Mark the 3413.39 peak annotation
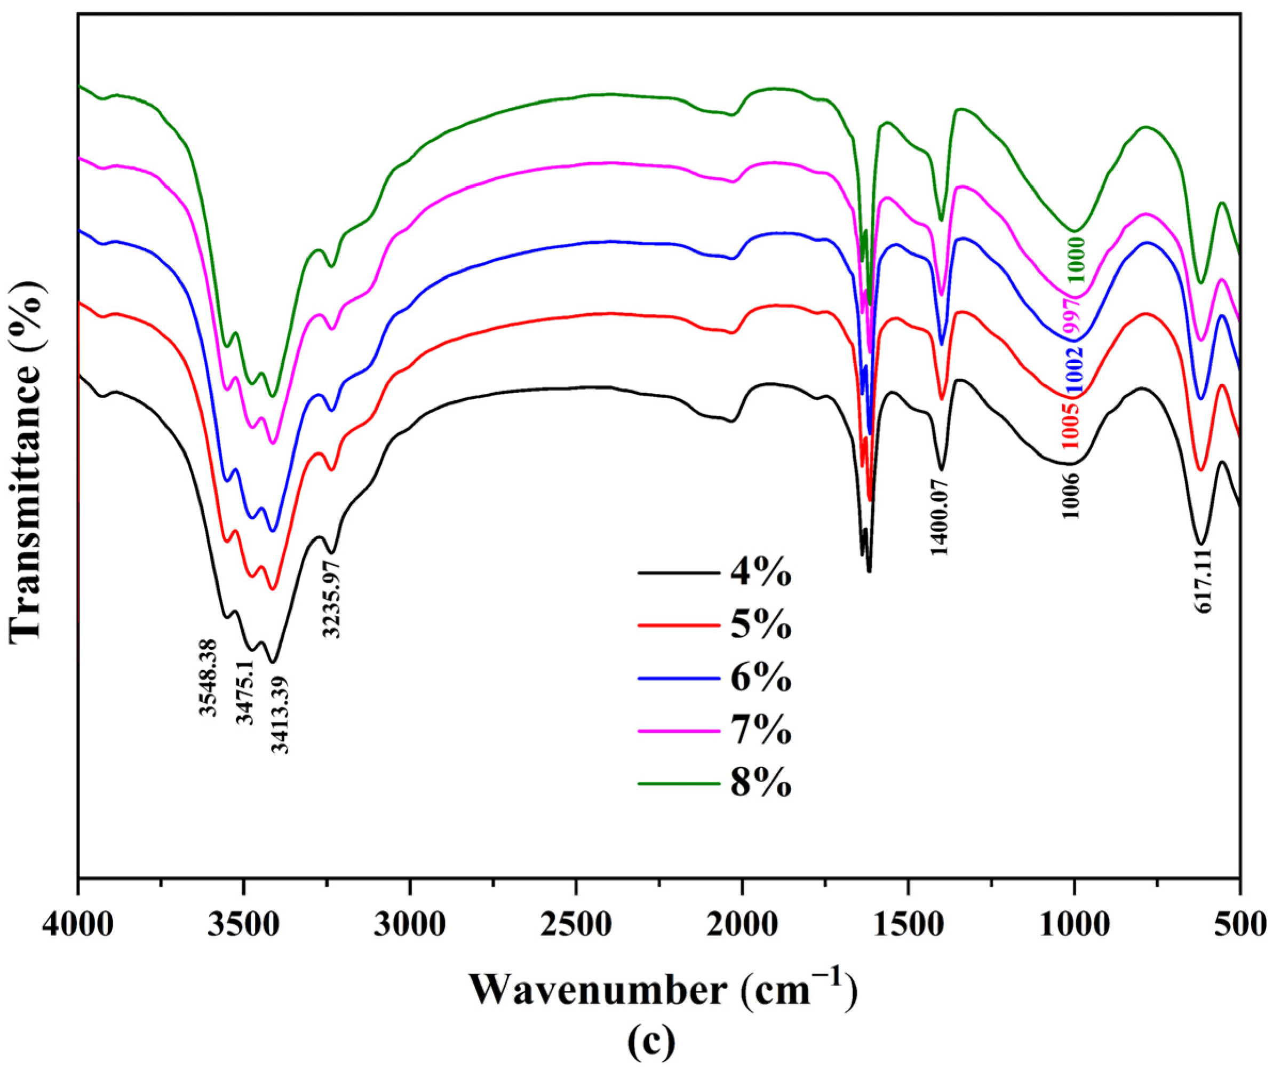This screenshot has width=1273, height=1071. click(x=280, y=713)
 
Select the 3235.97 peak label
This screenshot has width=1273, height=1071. click(x=331, y=599)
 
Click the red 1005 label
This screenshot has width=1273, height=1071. click(x=1071, y=426)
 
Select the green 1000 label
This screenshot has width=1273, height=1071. click(x=1076, y=259)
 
